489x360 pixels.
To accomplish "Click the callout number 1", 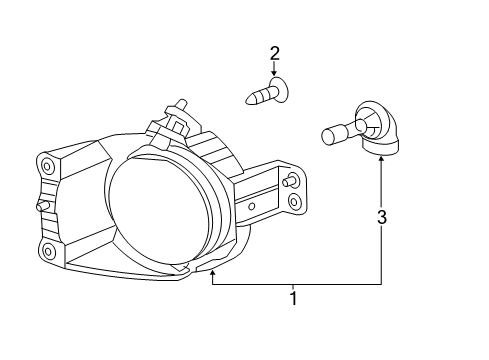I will tap(292, 297).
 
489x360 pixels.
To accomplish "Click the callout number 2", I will tap(273, 52).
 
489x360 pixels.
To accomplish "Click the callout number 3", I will tap(381, 217).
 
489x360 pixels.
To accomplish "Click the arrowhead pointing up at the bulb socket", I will tap(381, 160).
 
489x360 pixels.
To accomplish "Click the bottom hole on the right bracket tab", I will tap(293, 202).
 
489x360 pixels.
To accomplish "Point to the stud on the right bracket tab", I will tap(289, 182).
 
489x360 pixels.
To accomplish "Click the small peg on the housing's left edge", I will tap(42, 205).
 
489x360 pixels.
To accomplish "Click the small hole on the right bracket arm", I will tap(251, 206).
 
